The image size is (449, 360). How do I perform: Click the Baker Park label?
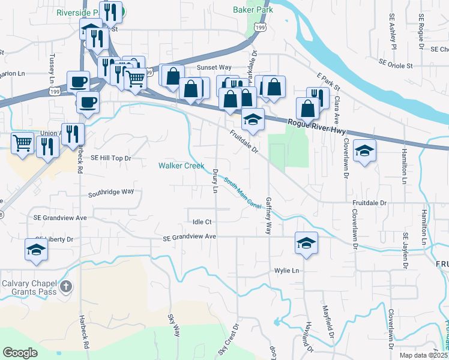coord(253,10)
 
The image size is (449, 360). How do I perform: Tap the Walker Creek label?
coord(181,166)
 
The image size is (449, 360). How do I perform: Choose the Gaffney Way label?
coord(268,215)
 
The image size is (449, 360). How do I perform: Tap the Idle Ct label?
coord(202,222)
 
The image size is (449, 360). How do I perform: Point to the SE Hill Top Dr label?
coord(110,158)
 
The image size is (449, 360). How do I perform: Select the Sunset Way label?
coord(214,68)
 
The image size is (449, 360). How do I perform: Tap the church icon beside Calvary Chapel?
coord(66,287)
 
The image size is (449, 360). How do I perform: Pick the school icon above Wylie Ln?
coord(306,243)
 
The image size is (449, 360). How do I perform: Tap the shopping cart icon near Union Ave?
coord(23,143)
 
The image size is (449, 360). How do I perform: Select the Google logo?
coord(20,353)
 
